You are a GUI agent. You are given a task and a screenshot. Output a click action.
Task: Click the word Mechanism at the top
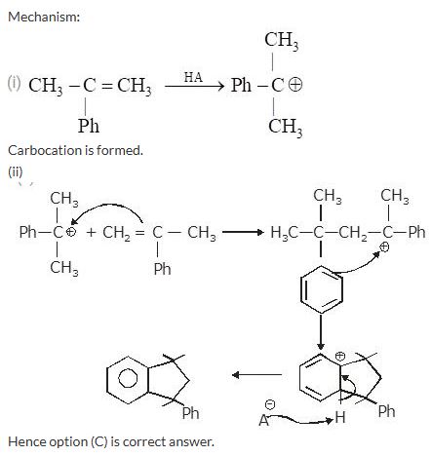coord(44,17)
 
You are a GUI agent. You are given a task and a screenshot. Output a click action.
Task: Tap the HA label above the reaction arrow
coord(193,77)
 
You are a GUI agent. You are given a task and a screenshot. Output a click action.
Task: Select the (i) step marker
coord(14,84)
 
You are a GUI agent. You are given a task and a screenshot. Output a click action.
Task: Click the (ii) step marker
coord(16,171)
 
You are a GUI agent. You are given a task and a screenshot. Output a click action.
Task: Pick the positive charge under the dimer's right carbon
coord(384,247)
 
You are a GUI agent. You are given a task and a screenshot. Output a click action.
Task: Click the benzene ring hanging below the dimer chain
coord(321,289)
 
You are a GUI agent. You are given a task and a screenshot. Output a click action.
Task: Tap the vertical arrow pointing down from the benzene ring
coord(321,331)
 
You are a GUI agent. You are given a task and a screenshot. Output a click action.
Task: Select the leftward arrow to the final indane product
coord(256,375)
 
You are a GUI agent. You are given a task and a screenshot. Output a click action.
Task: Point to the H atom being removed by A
coord(340,417)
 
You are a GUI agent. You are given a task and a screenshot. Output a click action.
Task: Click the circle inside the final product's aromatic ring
coord(128,378)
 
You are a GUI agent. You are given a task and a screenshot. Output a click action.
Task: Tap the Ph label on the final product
coord(190,413)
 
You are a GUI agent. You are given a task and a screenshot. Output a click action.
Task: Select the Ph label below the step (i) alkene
coord(89,126)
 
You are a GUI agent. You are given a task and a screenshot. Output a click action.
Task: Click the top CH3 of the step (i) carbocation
coord(282,41)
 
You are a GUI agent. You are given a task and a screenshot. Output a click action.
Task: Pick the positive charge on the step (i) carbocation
coord(295,85)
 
